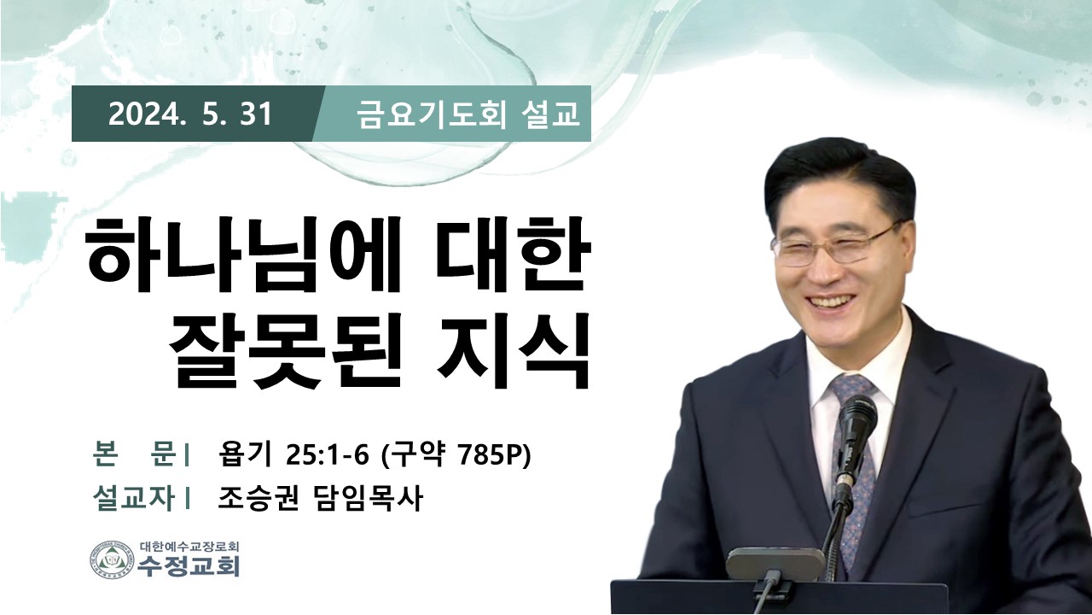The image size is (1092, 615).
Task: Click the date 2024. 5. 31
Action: [190, 115]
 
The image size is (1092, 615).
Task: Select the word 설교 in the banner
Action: [550, 115]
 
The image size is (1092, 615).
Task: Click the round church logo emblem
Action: [112, 559]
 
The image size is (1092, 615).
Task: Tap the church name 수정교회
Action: [189, 566]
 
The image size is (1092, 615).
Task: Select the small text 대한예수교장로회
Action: [189, 546]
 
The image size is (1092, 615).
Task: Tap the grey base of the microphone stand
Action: [775, 563]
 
